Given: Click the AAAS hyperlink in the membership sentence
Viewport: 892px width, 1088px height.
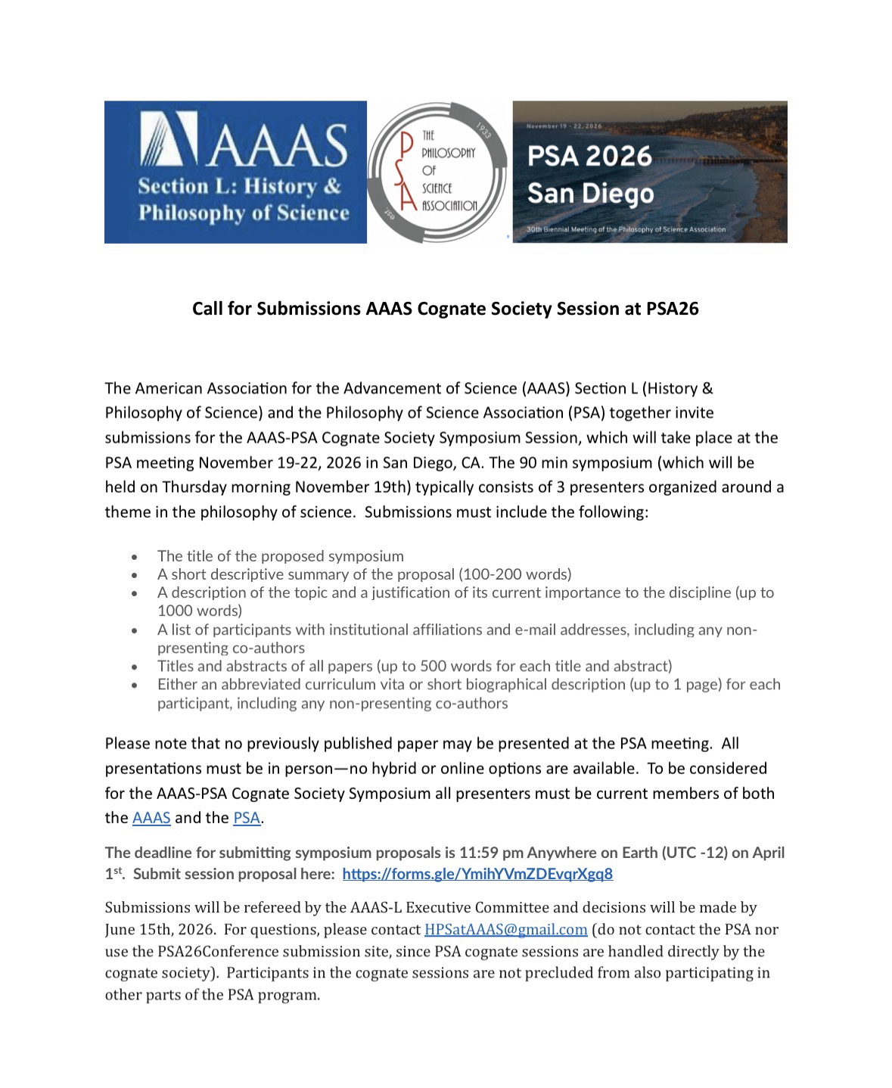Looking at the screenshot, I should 151,818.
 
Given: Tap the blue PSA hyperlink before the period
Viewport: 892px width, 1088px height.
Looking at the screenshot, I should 246,818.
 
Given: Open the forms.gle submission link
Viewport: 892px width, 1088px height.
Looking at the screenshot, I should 477,874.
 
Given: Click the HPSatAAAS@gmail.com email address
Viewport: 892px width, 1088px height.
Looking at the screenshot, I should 505,929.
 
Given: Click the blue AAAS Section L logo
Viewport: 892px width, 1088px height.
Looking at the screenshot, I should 235,172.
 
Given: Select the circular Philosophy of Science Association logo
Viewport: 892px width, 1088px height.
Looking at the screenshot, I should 439,172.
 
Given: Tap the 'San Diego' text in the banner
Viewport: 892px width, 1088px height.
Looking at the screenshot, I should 590,194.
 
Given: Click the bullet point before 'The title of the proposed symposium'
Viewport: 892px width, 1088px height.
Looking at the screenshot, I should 135,557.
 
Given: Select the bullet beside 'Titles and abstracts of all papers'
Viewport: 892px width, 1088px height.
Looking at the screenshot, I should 135,667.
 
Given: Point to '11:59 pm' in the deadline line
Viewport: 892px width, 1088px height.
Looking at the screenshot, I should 494,853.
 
